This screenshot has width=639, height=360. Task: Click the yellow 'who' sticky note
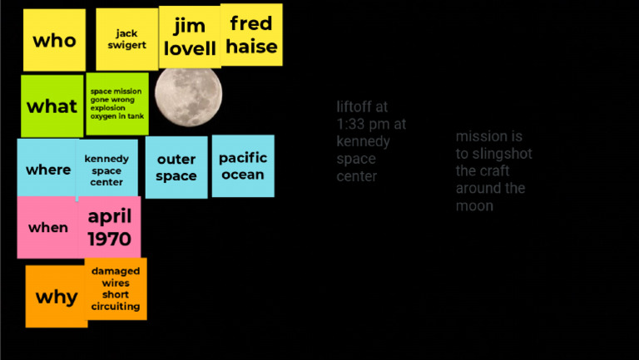(54, 40)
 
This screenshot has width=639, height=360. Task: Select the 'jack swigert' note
(126, 39)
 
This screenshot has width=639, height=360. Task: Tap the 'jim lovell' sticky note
(190, 37)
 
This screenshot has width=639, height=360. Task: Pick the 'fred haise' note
(251, 35)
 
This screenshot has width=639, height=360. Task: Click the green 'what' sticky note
(52, 106)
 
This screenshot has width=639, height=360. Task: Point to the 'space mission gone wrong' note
(117, 104)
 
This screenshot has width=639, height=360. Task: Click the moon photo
(189, 96)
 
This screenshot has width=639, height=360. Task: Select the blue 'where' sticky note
(48, 170)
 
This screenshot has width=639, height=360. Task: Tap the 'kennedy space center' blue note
(106, 170)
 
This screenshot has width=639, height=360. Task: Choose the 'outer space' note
(176, 167)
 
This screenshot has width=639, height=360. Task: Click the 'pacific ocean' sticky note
(243, 165)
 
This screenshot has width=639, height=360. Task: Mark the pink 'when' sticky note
(48, 227)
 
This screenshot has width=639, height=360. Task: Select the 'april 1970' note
(110, 227)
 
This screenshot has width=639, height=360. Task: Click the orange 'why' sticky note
(57, 297)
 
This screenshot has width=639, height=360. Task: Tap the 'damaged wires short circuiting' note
(116, 288)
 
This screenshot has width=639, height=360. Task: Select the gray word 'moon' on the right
(474, 205)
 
